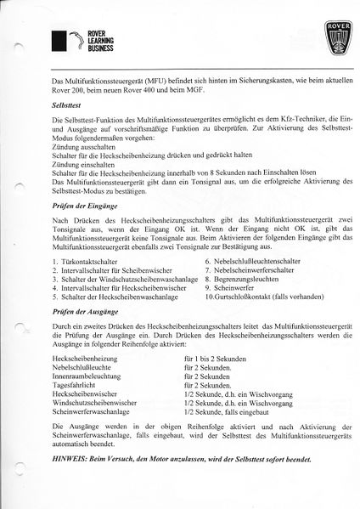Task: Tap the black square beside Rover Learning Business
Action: (x=59, y=41)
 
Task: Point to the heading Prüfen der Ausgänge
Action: (x=83, y=313)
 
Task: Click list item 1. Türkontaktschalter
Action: (x=86, y=259)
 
